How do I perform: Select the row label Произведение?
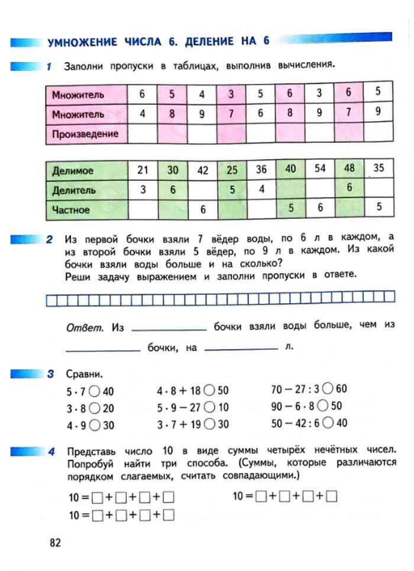85,134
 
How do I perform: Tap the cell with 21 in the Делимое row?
143,170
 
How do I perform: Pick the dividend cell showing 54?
320,168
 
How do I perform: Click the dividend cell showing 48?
350,168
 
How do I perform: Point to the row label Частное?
71,209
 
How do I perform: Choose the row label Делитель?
74,190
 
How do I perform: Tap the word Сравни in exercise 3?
84,375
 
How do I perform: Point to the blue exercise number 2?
50,240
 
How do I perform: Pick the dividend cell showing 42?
203,170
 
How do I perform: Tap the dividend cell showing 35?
379,168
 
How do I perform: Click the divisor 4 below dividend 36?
261,190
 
